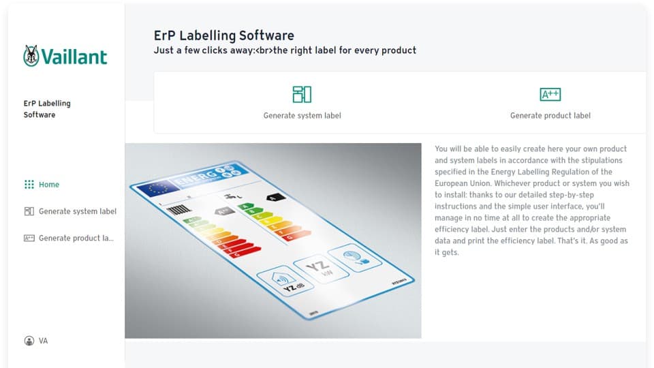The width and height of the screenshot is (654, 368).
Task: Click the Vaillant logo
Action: pyautogui.click(x=65, y=57)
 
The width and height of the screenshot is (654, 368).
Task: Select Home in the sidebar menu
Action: pyautogui.click(x=49, y=185)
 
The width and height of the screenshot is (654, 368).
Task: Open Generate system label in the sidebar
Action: pyautogui.click(x=77, y=211)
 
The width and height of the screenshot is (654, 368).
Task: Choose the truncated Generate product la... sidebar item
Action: pyautogui.click(x=76, y=239)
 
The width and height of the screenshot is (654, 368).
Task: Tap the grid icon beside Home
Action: pyautogui.click(x=29, y=185)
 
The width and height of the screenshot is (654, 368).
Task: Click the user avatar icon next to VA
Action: pyautogui.click(x=29, y=341)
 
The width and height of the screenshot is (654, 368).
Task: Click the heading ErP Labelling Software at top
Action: pyautogui.click(x=224, y=35)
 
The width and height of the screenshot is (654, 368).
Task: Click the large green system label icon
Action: pyautogui.click(x=302, y=94)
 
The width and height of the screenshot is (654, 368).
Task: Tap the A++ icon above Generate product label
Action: pyautogui.click(x=550, y=94)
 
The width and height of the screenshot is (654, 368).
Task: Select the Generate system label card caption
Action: pyautogui.click(x=302, y=116)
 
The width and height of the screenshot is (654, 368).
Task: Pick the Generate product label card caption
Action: pyautogui.click(x=550, y=116)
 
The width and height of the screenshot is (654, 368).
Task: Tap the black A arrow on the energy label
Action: pyautogui.click(x=274, y=198)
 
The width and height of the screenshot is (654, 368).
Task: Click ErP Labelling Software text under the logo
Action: pyautogui.click(x=46, y=109)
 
